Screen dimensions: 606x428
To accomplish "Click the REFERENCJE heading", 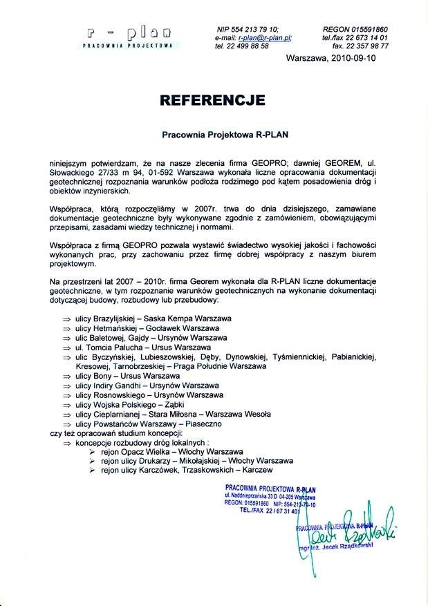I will click(213, 100).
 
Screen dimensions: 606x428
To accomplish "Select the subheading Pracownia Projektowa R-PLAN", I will click(214, 136).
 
